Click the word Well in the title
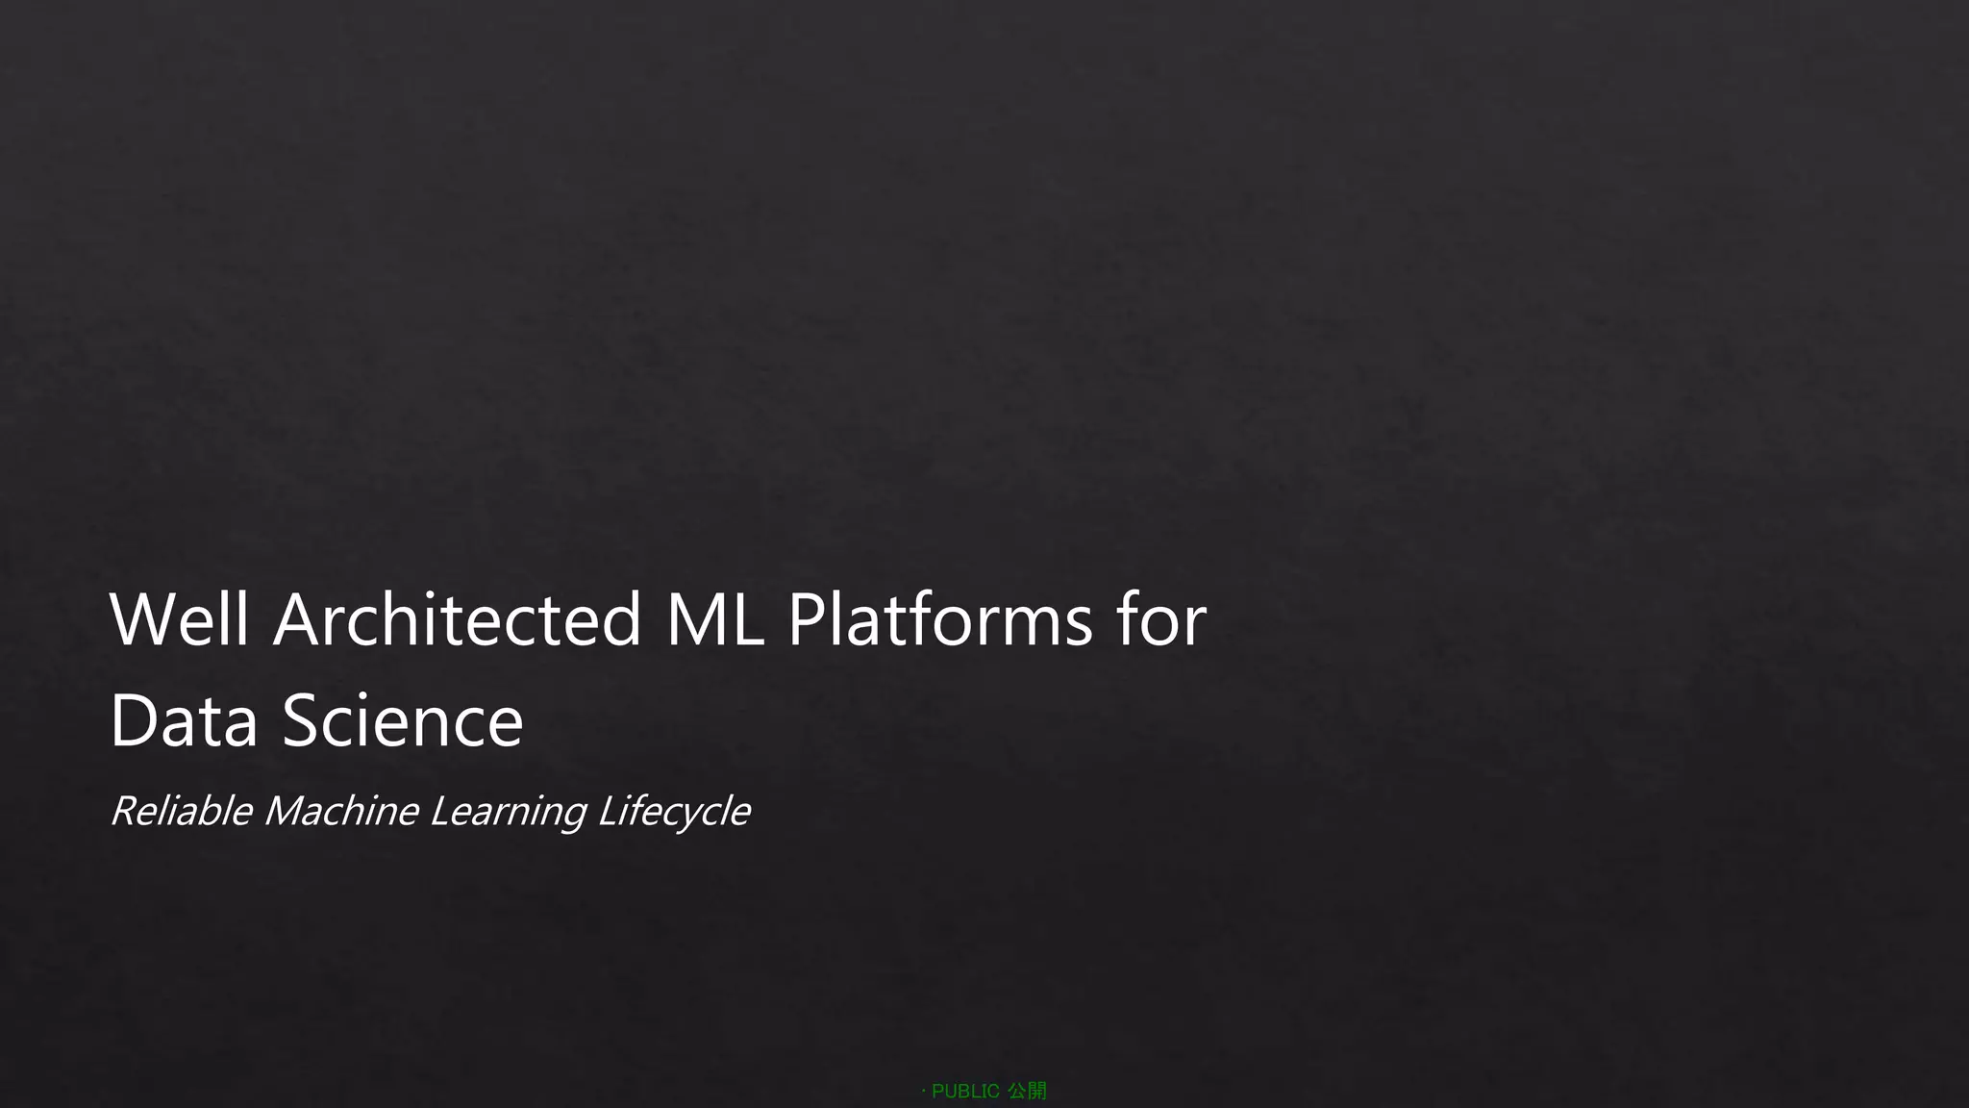180,619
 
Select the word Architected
458,619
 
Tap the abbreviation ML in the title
714,619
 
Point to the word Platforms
940,619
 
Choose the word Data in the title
184,720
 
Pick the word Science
403,720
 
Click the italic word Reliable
182,811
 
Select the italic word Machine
341,811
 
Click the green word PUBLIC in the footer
965,1091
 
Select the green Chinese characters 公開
1027,1091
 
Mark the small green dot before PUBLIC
923,1091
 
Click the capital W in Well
143,619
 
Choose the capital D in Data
134,720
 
